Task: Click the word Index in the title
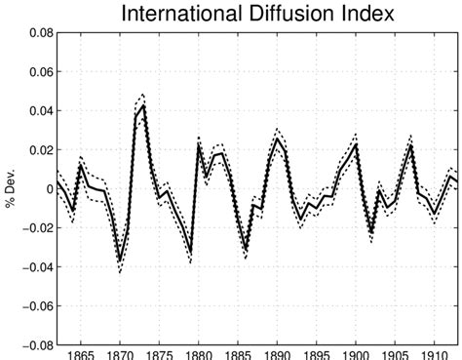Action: (x=366, y=15)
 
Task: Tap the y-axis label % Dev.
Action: (x=11, y=188)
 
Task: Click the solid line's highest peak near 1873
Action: (x=144, y=104)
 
